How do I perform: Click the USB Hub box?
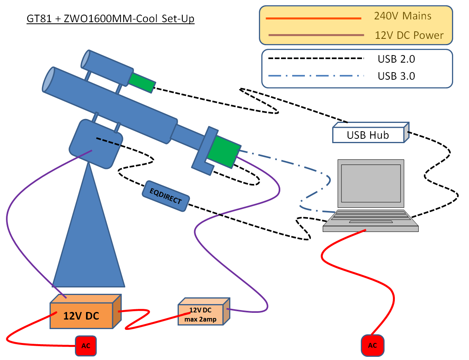point(368,135)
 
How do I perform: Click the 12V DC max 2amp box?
point(201,315)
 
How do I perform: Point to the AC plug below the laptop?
point(372,345)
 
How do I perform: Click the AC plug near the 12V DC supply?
point(86,345)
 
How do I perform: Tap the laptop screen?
point(371,183)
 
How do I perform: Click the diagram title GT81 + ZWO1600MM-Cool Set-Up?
point(111,19)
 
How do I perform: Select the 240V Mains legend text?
point(402,16)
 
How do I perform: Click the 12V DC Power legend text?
point(409,35)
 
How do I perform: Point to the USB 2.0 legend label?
point(396,59)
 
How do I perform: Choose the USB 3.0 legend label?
point(396,76)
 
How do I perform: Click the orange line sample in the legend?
point(314,18)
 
